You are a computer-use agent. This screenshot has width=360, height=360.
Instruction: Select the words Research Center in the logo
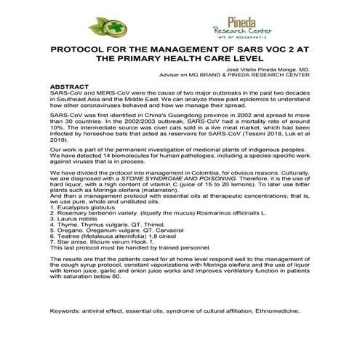240,31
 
